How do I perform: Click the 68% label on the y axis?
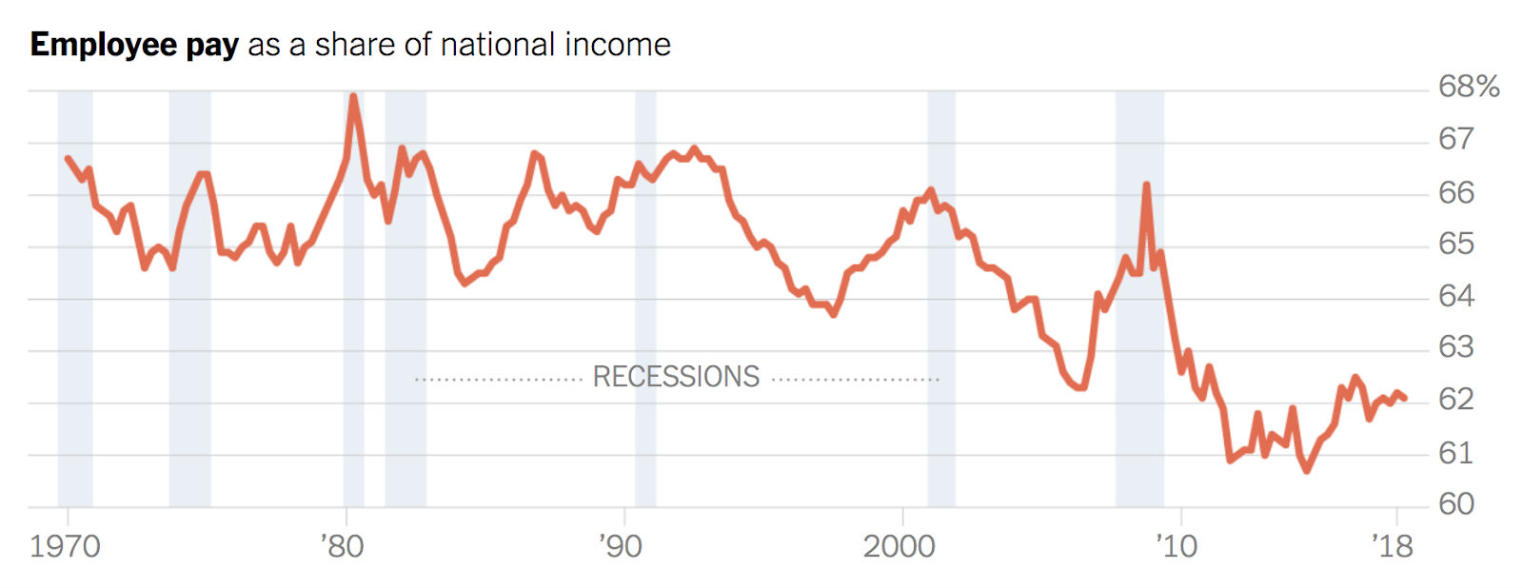pos(1468,88)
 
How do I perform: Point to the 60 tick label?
pos(1455,503)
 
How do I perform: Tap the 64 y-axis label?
pos(1455,296)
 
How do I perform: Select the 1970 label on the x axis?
pos(65,547)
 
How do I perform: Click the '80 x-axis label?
pos(341,547)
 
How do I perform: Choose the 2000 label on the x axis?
pos(899,547)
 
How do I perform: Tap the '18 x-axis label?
pos(1392,547)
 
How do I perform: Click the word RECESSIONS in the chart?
pos(676,377)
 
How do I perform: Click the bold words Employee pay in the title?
pos(134,45)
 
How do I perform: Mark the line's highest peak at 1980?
pos(353,96)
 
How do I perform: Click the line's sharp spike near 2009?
pos(1146,185)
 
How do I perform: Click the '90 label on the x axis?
pos(620,547)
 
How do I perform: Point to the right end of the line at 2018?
pos(1405,398)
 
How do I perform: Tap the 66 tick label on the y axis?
pos(1455,192)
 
